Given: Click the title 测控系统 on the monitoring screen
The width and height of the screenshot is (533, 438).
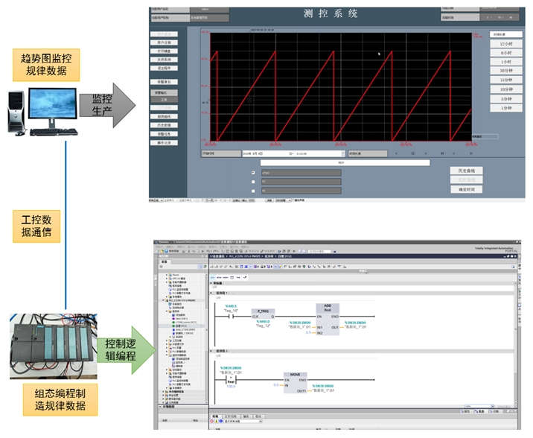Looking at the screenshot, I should (331, 13).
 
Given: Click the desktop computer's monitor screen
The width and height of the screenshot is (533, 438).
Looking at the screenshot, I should (54, 102).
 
